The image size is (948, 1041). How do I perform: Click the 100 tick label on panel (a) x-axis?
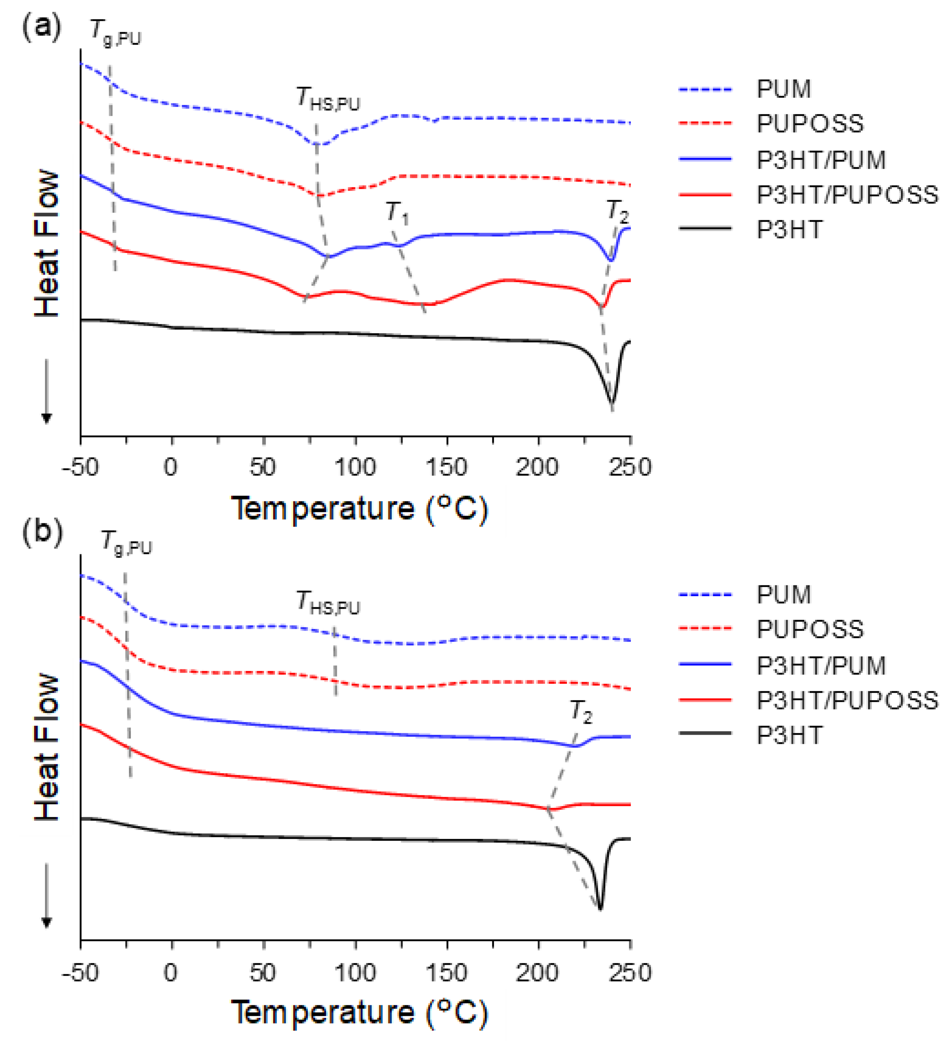coord(355,467)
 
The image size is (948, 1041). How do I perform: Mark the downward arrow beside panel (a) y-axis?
coord(46,393)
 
